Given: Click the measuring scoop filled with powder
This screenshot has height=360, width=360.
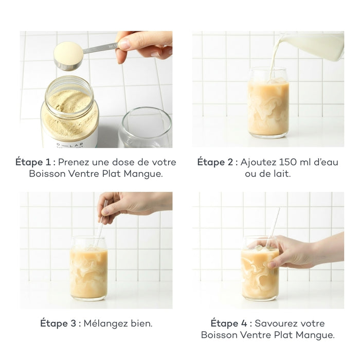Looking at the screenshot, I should coord(69,55).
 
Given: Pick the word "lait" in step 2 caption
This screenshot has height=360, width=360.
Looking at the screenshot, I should coord(282,174).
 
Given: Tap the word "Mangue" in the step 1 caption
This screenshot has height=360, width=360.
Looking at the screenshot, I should coord(143,174).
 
